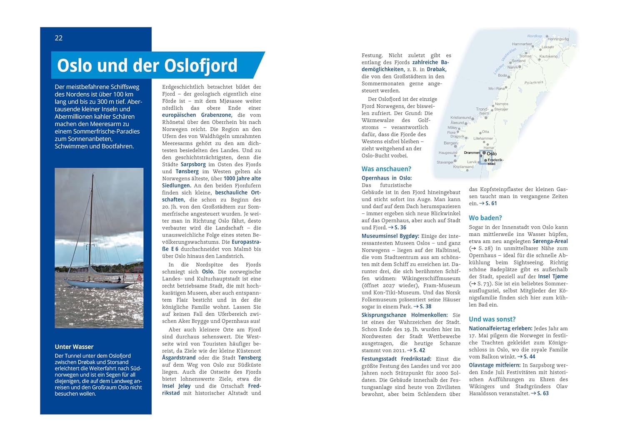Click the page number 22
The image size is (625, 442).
tap(59, 38)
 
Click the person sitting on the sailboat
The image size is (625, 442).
tap(119, 280)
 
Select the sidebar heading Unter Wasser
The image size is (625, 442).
tap(74, 347)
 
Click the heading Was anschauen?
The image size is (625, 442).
tap(386, 169)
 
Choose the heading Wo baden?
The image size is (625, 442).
tap(485, 217)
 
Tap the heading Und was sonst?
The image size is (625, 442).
tap(492, 319)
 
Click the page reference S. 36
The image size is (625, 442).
tap(400, 227)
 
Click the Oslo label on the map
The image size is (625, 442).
tap(492, 154)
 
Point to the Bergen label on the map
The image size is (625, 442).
tap(450, 143)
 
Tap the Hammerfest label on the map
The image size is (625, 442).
tap(522, 44)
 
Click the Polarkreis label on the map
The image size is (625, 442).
tap(534, 82)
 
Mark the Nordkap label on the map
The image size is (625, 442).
tap(535, 36)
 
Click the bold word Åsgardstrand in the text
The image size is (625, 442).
tap(179, 357)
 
